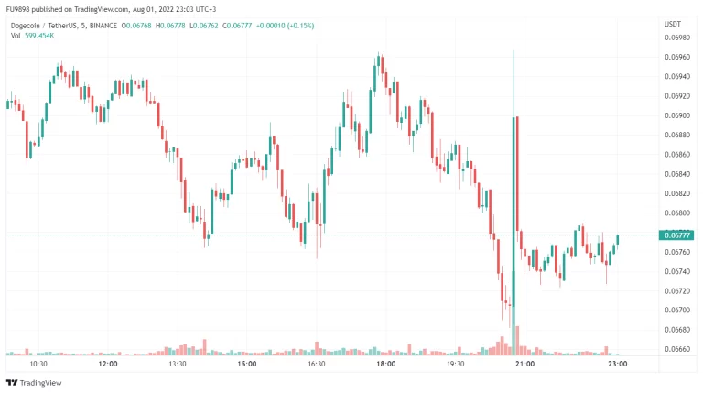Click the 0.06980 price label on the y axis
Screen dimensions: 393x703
click(677, 39)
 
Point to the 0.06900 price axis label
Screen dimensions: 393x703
click(677, 115)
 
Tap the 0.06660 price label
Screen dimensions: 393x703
click(677, 348)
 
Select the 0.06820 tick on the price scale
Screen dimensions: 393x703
click(677, 193)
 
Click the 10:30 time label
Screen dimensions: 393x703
click(38, 364)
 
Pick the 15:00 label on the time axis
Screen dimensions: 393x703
click(246, 364)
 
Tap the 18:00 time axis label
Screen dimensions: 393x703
click(385, 364)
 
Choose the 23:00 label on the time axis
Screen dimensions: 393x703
click(617, 364)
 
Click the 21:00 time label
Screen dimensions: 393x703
click(525, 364)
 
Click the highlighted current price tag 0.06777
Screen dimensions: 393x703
click(677, 235)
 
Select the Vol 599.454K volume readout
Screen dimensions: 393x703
click(35, 36)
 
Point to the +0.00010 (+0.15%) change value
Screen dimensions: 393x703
click(283, 26)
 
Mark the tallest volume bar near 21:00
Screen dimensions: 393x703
click(514, 340)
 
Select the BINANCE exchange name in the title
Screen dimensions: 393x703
click(102, 26)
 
